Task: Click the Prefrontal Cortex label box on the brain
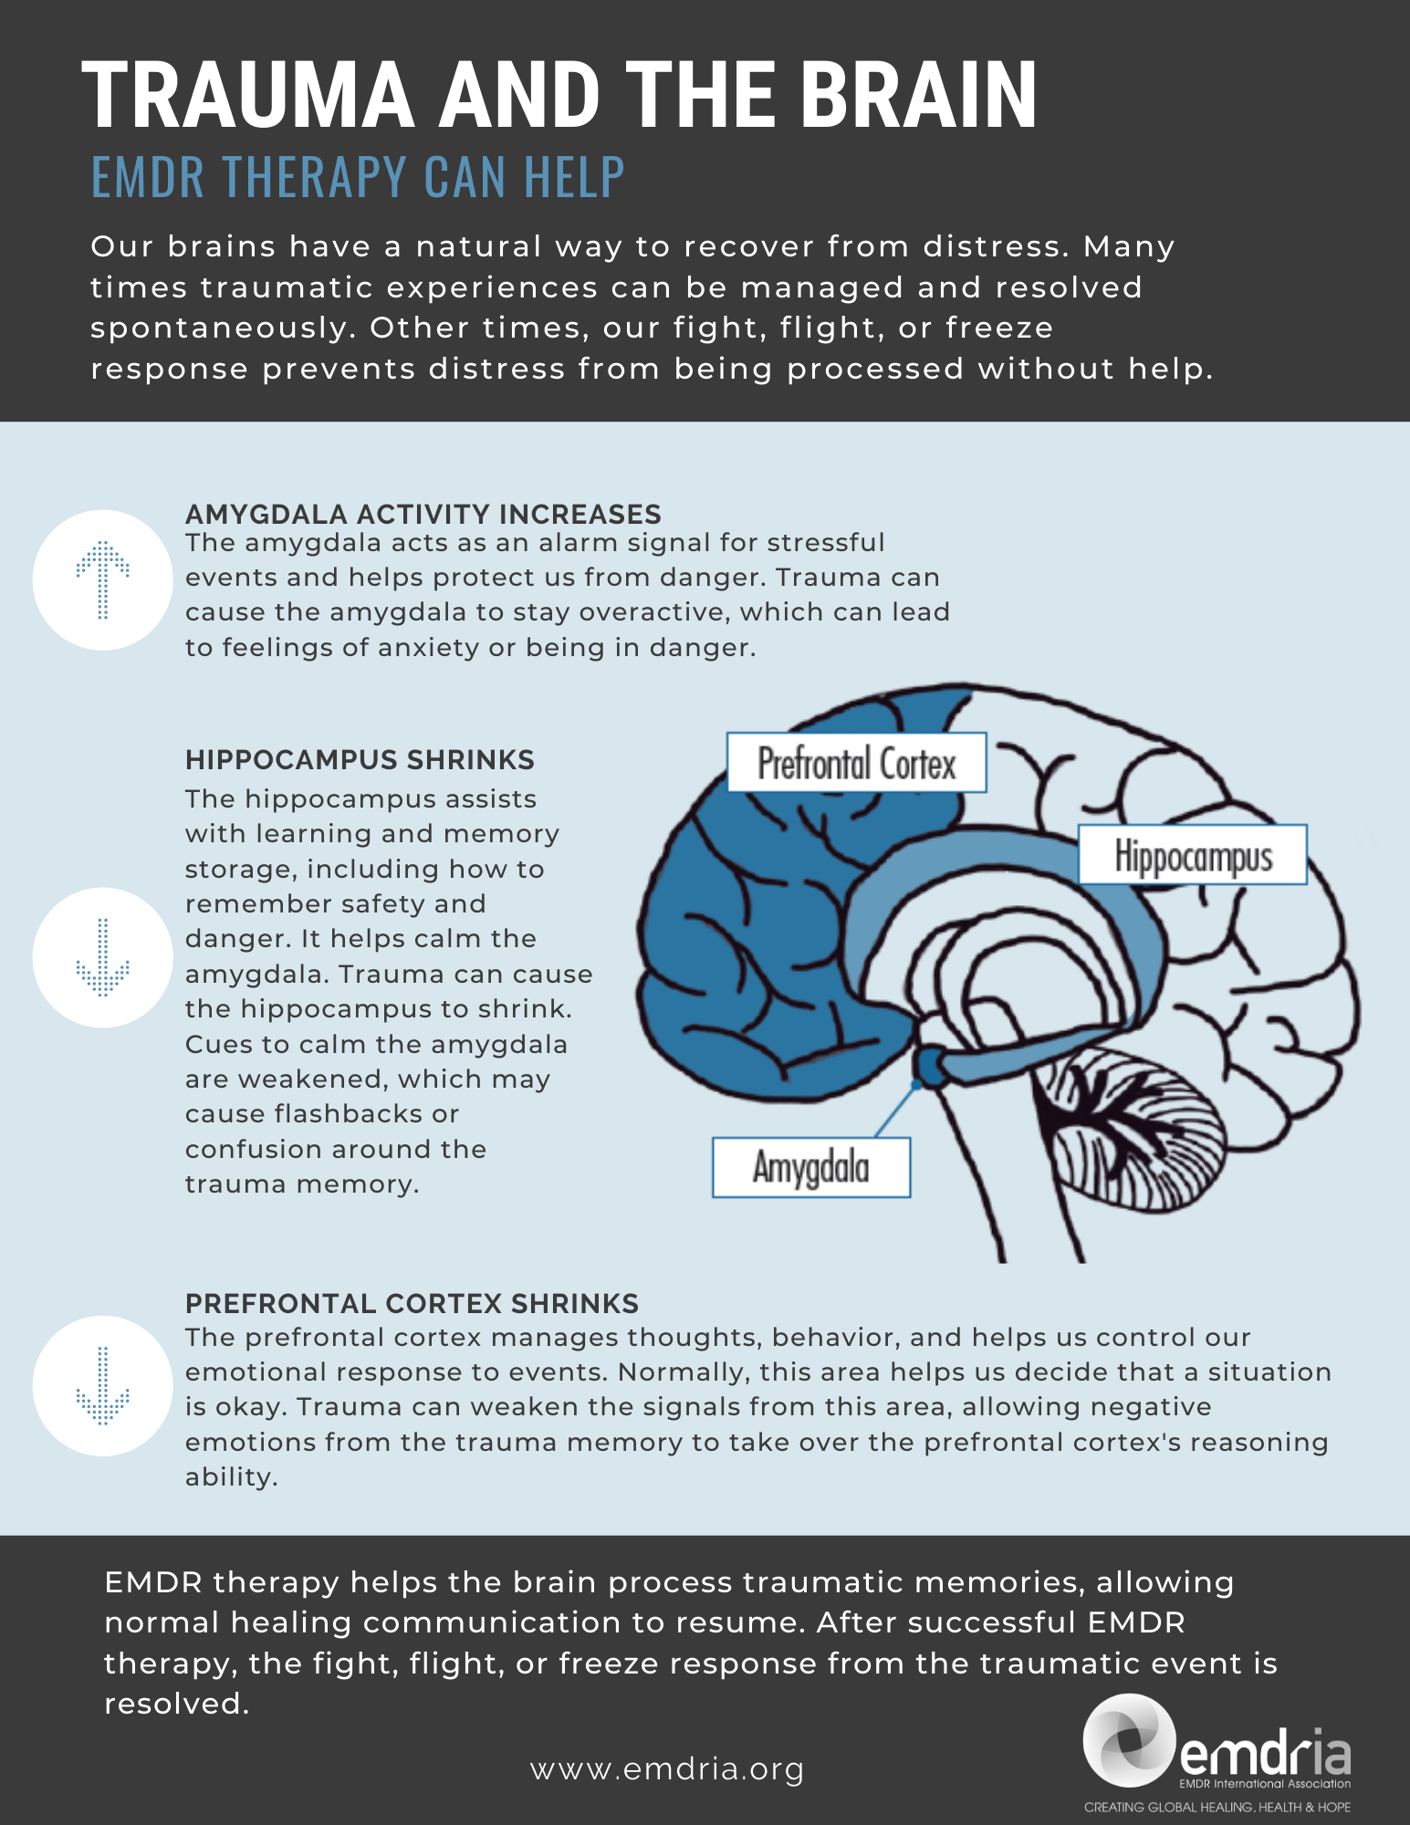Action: (856, 763)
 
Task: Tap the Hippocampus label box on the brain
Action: (1193, 855)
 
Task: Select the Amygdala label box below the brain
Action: (811, 1167)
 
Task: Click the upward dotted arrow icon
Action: (102, 579)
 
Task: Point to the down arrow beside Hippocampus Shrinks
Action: (102, 957)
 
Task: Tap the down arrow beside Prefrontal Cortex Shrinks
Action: (102, 1385)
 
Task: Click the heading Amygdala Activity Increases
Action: (423, 514)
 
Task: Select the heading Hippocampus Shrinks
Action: (360, 759)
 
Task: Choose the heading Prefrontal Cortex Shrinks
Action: (412, 1303)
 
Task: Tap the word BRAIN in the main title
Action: (919, 95)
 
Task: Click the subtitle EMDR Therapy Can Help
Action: (358, 177)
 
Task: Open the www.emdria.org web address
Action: (667, 1769)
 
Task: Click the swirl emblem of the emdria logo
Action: (1129, 1740)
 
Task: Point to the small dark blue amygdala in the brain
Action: (931, 1066)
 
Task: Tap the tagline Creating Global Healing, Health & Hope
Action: (1217, 1808)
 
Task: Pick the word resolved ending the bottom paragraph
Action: (176, 1704)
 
